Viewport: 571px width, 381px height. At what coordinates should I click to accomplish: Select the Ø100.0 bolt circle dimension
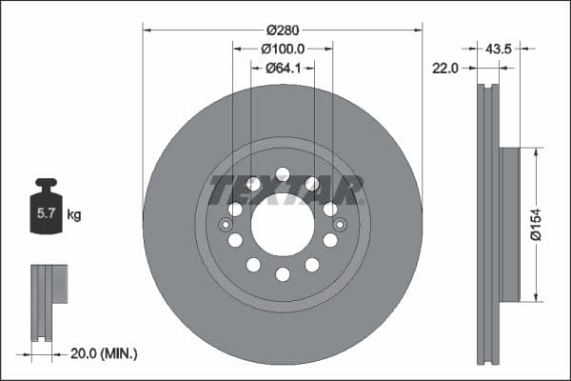click(283, 47)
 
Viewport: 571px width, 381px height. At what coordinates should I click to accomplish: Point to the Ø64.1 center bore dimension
click(283, 67)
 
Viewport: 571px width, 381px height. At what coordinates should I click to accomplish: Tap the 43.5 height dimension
click(499, 47)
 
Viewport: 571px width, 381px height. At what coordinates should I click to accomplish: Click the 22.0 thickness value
click(445, 68)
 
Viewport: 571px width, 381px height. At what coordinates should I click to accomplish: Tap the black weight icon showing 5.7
click(46, 209)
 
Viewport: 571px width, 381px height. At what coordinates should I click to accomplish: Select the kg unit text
click(74, 215)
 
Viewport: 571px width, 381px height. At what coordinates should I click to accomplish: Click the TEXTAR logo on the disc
click(285, 190)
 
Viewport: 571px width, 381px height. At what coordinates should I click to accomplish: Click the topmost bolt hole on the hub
click(283, 173)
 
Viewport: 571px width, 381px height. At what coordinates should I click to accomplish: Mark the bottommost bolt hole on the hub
click(283, 274)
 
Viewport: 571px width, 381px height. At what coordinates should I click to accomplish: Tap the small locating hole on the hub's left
click(226, 225)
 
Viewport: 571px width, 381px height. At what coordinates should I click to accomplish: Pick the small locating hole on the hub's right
click(340, 225)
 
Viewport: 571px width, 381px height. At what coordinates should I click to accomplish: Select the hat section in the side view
click(509, 224)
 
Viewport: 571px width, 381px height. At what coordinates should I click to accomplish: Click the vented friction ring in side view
click(487, 224)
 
